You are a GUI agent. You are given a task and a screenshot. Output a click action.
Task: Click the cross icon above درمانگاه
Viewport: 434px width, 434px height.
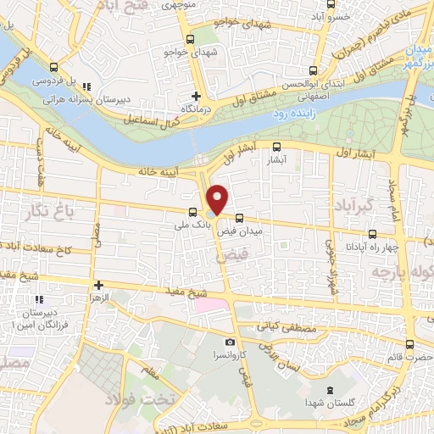[196, 96]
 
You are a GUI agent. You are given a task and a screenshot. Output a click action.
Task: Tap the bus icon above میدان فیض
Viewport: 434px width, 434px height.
[240, 216]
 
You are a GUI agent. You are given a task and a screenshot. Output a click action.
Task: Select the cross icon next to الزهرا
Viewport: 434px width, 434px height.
[98, 286]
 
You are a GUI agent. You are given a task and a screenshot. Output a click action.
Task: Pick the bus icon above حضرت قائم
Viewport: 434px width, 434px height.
[410, 344]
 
